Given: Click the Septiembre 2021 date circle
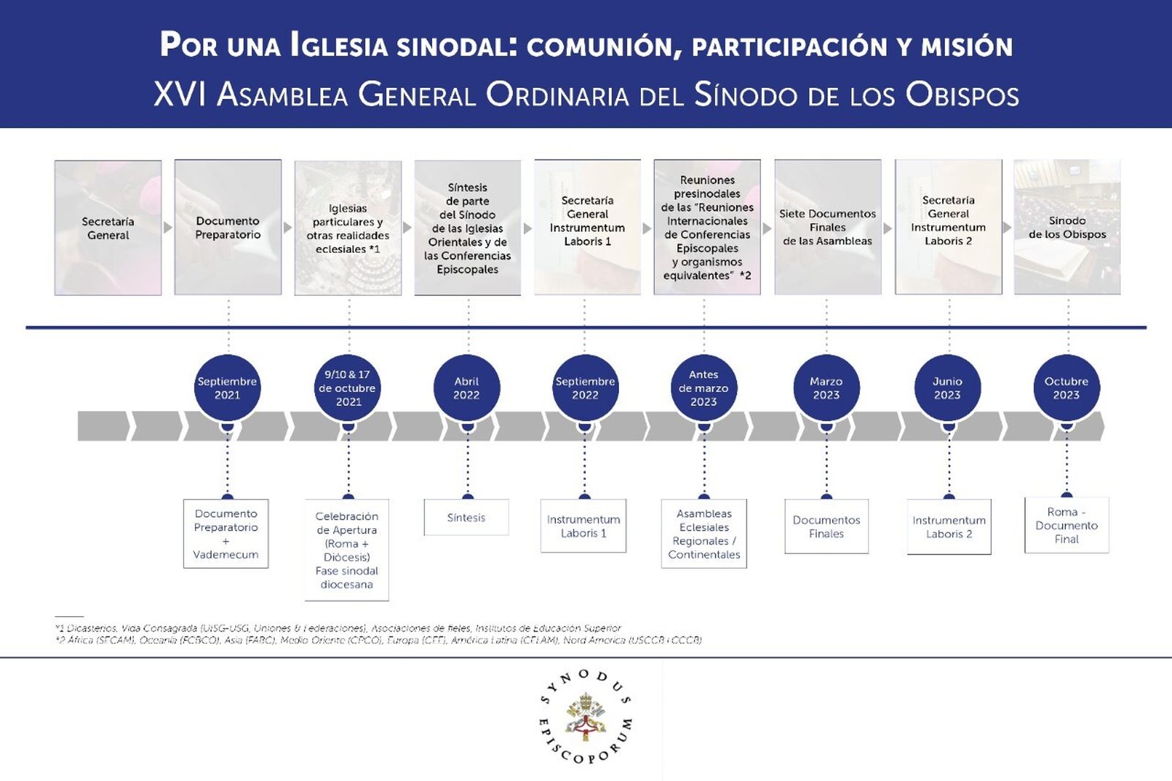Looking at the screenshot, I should pyautogui.click(x=227, y=388).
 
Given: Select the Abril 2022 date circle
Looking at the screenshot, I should pyautogui.click(x=467, y=388).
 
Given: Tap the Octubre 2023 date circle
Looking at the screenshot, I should pyautogui.click(x=1067, y=388).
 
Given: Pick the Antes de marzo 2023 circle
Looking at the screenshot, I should pyautogui.click(x=703, y=388).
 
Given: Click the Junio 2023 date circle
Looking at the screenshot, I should pyautogui.click(x=947, y=388).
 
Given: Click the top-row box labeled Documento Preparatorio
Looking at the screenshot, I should pyautogui.click(x=228, y=228).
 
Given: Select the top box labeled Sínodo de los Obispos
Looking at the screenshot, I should pyautogui.click(x=1067, y=228).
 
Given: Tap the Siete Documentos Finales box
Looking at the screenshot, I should pyautogui.click(x=828, y=228).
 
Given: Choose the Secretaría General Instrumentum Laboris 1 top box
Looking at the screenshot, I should pyautogui.click(x=587, y=228).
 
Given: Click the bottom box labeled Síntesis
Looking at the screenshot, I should pyautogui.click(x=466, y=517).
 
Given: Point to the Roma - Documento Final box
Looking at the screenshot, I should pyautogui.click(x=1067, y=525).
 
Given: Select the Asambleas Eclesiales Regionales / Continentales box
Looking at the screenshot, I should pyautogui.click(x=704, y=534).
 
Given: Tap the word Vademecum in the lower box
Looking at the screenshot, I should pyautogui.click(x=226, y=555).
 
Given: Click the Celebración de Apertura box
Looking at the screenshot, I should pyautogui.click(x=346, y=550).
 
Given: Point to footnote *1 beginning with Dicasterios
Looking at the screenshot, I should pyautogui.click(x=337, y=628).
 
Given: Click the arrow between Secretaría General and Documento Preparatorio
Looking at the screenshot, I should pyautogui.click(x=168, y=228).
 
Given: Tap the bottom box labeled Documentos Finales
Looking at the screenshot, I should pyautogui.click(x=826, y=527).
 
